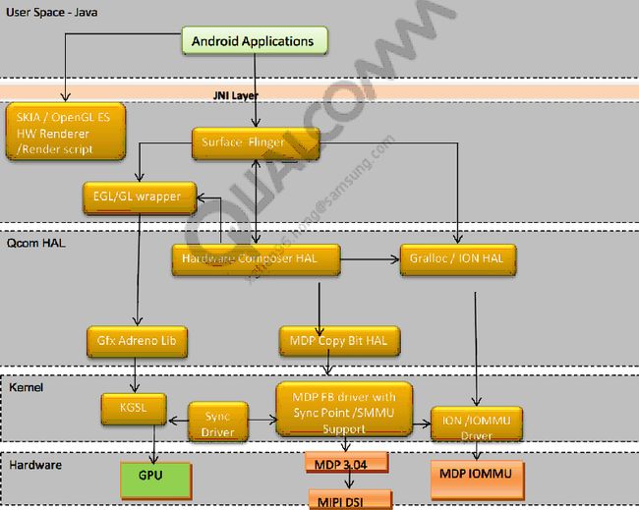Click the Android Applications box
254,41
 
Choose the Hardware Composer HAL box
257,259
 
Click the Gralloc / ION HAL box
457,259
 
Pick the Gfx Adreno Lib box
137,341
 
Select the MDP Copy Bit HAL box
333,341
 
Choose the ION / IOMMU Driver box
478,425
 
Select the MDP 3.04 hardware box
346,462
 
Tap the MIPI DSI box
350,498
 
